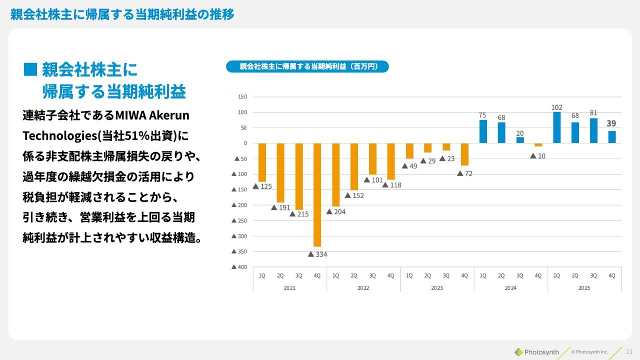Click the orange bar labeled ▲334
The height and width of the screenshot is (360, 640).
point(317,195)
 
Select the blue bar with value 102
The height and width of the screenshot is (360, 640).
point(556,127)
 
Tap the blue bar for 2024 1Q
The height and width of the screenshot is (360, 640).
point(483,131)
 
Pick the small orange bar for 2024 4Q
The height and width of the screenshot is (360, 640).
point(538,145)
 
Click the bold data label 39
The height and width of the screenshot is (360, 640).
point(611,123)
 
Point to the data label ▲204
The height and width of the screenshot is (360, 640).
point(336,211)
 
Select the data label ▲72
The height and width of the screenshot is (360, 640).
point(464,173)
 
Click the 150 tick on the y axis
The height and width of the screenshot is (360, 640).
point(242,96)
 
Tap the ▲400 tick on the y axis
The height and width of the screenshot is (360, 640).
point(239,267)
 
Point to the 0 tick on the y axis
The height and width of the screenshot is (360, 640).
point(245,143)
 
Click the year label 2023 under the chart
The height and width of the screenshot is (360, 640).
point(437,288)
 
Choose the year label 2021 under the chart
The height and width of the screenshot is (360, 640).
point(289,288)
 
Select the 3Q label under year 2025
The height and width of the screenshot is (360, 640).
point(593,275)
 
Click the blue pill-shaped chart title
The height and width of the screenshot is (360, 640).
point(307,66)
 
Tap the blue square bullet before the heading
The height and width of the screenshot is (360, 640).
point(30,69)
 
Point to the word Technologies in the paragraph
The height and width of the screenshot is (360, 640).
point(59,136)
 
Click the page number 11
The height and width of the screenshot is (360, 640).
point(629,352)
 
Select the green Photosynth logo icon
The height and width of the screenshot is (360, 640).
point(518,352)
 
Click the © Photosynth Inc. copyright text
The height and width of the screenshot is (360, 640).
point(589,352)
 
